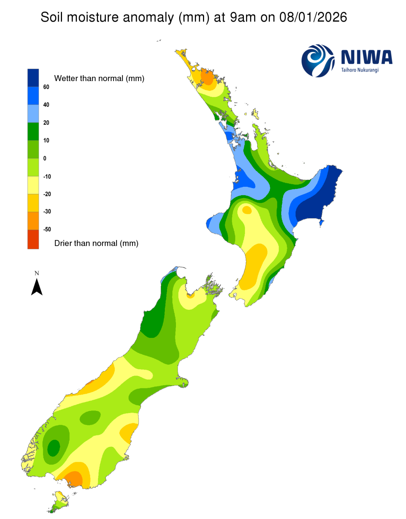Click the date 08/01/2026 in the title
pos(313,17)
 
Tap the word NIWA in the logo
pos(366,57)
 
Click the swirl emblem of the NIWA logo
pos(318,60)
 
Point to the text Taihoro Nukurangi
pos(360,70)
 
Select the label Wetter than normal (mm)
pos(99,79)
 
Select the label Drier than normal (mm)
pos(96,243)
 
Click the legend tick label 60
pos(46,87)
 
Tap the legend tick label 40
pos(46,105)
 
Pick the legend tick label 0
pos(45,158)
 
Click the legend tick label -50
pos(47,229)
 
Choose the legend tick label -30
pos(47,212)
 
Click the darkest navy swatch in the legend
pos(33,78)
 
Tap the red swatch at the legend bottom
pos(33,239)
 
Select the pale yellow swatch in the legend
pos(33,185)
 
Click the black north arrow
pos(37,287)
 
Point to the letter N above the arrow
pos(37,273)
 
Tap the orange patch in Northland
pos(207,76)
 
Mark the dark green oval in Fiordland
pos(54,447)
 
